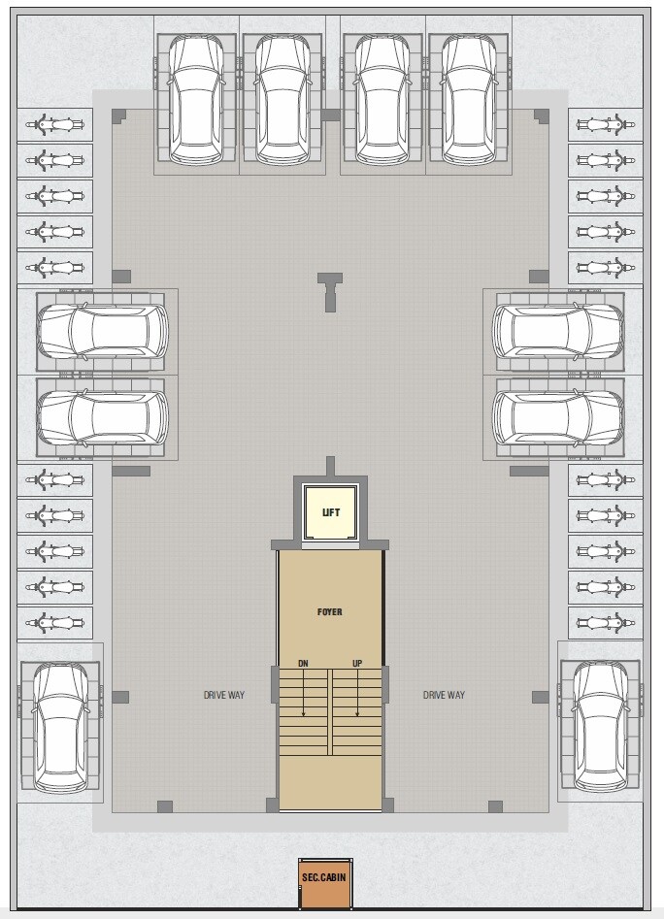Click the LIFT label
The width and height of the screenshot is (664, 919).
[331, 512]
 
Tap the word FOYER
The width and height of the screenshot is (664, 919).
[330, 612]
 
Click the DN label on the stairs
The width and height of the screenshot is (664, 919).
[304, 664]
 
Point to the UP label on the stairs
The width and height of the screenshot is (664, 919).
[357, 664]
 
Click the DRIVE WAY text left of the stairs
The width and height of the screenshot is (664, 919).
[224, 695]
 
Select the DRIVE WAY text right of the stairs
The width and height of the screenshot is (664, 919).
[444, 695]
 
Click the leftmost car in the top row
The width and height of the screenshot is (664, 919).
[197, 99]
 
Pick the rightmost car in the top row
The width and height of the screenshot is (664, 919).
[469, 99]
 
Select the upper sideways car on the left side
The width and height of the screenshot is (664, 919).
[103, 331]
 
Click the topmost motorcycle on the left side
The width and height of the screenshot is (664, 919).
[55, 124]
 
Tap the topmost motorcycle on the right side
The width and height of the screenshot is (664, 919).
[605, 124]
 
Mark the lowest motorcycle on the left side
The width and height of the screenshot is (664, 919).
[55, 622]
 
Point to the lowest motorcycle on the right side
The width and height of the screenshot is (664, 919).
[605, 622]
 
